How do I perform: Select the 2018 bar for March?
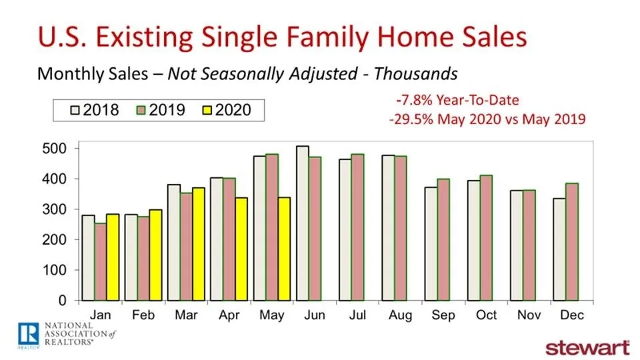[173, 243]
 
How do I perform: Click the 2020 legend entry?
[226, 109]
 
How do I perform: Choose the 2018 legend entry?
[93, 109]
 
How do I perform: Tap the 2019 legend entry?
[159, 109]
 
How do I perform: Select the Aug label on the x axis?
[391, 314]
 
